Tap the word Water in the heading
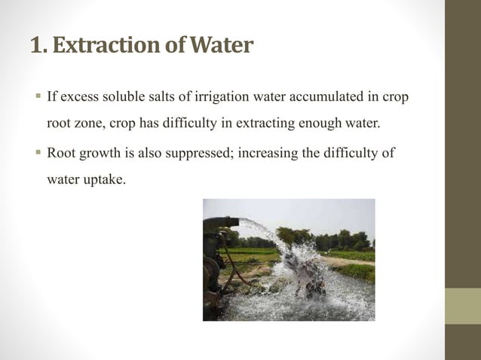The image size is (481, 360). coord(221,47)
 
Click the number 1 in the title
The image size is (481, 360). coord(37,47)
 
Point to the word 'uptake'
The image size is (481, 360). coord(103,181)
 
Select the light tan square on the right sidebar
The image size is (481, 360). coord(463,306)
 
